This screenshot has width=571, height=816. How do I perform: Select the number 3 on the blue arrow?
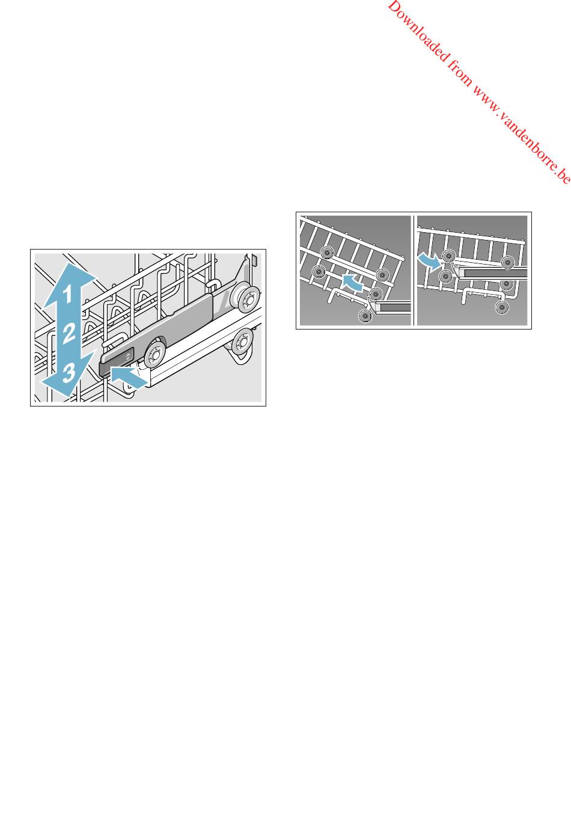coord(69,373)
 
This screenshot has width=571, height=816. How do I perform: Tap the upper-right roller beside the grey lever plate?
coord(247,299)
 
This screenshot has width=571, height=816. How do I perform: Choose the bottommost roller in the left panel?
coord(365,316)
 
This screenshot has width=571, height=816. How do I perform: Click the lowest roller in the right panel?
coord(502,307)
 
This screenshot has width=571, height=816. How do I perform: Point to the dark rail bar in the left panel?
coord(395,307)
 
